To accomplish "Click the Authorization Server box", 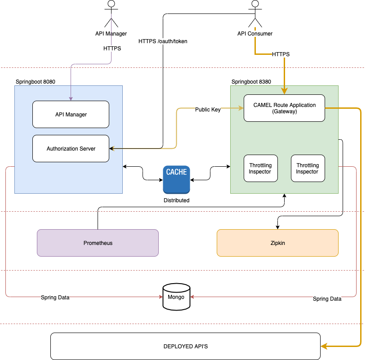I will click(x=71, y=148).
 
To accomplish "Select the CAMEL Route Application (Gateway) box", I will click(x=284, y=108).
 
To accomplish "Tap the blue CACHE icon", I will click(x=176, y=179).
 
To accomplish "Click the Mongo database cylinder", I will click(x=176, y=297).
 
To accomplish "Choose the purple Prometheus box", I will click(x=98, y=243).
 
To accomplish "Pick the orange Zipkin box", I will click(x=277, y=243).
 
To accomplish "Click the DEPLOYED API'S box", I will click(x=185, y=347).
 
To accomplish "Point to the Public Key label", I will click(x=208, y=110).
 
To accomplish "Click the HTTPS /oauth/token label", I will click(x=163, y=41).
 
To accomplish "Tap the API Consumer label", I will click(x=255, y=34).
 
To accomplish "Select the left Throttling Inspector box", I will click(x=260, y=169).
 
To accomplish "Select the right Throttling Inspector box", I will click(x=308, y=169).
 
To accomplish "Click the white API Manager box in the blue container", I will click(x=71, y=114).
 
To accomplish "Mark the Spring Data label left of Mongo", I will click(x=55, y=298).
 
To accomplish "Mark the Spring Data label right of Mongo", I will click(x=327, y=299).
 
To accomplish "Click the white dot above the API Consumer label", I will click(x=255, y=4).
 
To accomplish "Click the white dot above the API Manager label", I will click(x=111, y=4).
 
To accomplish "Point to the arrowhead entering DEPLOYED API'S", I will click(x=323, y=347).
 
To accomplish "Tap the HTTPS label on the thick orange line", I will click(x=281, y=54).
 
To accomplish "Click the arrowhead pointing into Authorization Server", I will click(x=112, y=148).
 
